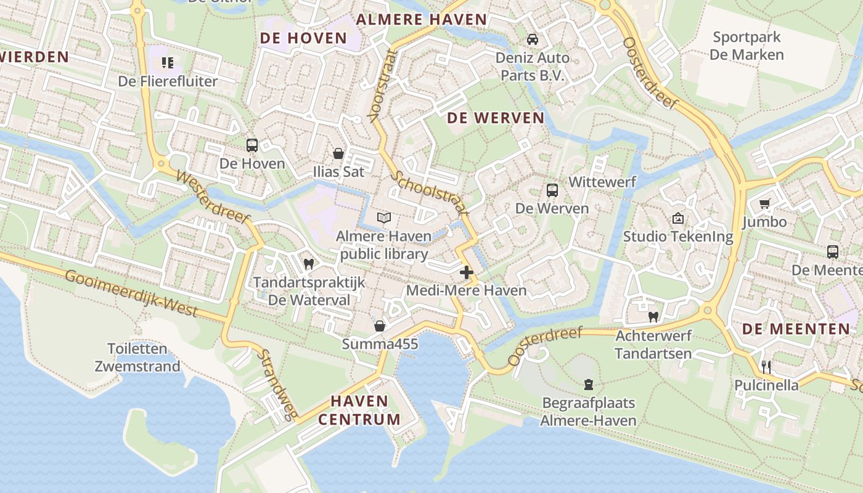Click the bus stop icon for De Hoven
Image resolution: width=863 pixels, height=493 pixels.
252,145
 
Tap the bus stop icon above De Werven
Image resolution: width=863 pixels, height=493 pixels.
552,190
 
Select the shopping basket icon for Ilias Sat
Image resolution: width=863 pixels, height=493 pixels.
338,153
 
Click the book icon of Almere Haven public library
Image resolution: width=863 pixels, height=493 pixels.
384,218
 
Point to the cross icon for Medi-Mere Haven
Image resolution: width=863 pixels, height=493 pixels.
467,272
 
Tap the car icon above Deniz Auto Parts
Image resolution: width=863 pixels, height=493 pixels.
533,39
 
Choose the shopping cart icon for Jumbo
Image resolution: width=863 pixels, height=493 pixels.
765,203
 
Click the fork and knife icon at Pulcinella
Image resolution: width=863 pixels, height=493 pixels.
766,367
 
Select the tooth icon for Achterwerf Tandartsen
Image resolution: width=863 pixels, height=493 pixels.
653,317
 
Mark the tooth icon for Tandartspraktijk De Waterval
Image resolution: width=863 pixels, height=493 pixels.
309,264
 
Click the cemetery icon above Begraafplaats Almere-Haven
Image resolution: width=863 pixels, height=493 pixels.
589,385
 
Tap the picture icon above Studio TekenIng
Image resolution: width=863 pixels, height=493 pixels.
678,218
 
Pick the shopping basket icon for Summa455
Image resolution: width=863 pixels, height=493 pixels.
380,325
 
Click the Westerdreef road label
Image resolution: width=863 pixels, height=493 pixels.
213,197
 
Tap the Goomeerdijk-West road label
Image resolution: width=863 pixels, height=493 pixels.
131,293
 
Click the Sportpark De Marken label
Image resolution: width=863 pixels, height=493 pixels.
746,46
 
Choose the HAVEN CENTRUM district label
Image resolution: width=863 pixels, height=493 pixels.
359,410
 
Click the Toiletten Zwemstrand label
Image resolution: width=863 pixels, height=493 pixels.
137,357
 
